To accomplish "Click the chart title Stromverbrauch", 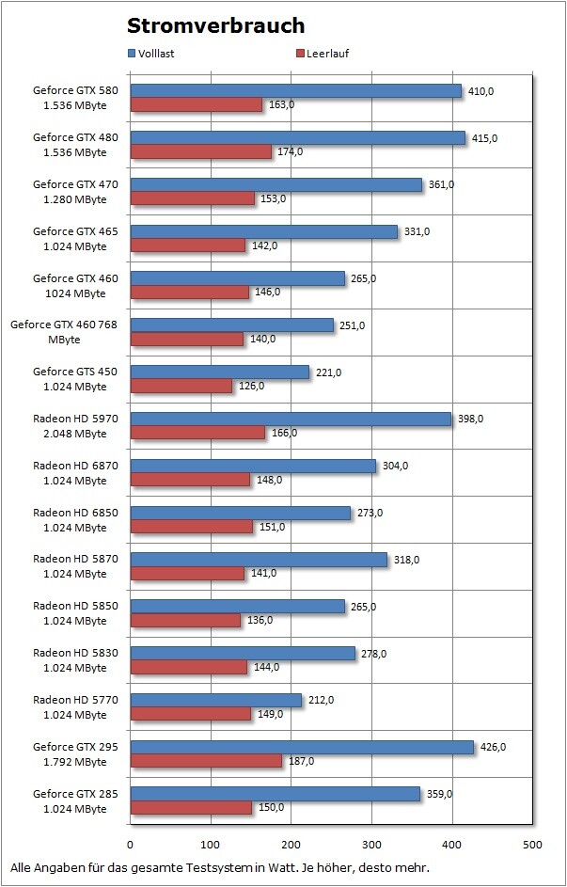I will click(215, 25).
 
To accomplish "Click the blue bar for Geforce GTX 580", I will click(296, 91).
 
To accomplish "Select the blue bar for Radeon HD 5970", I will click(291, 419).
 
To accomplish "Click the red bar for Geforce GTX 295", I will click(206, 761).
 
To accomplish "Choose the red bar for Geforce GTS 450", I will click(181, 387).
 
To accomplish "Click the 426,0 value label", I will click(493, 747).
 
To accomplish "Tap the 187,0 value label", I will click(300, 761).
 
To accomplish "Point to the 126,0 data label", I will click(250, 387).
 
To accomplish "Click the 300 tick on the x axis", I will click(371, 845).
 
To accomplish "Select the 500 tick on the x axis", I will click(532, 845).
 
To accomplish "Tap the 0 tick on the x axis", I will click(131, 845).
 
